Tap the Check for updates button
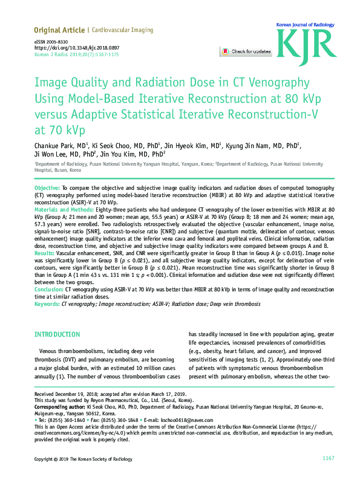click(x=246, y=52)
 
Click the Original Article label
click(x=59, y=30)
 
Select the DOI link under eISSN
click(x=77, y=47)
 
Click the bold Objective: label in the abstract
click(x=47, y=190)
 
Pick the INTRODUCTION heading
click(x=57, y=334)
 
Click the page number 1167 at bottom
click(x=328, y=459)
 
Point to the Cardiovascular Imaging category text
click(x=123, y=30)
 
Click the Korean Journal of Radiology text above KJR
click(x=305, y=25)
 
